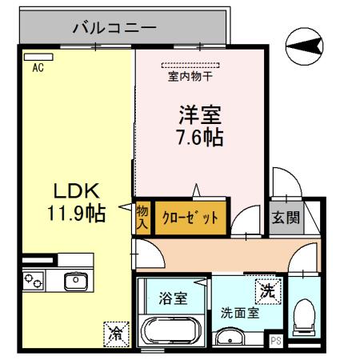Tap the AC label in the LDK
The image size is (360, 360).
click(x=37, y=69)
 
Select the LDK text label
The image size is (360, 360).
click(x=75, y=191)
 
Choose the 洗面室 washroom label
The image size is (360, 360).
click(x=240, y=313)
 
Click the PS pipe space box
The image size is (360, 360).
click(x=276, y=342)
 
